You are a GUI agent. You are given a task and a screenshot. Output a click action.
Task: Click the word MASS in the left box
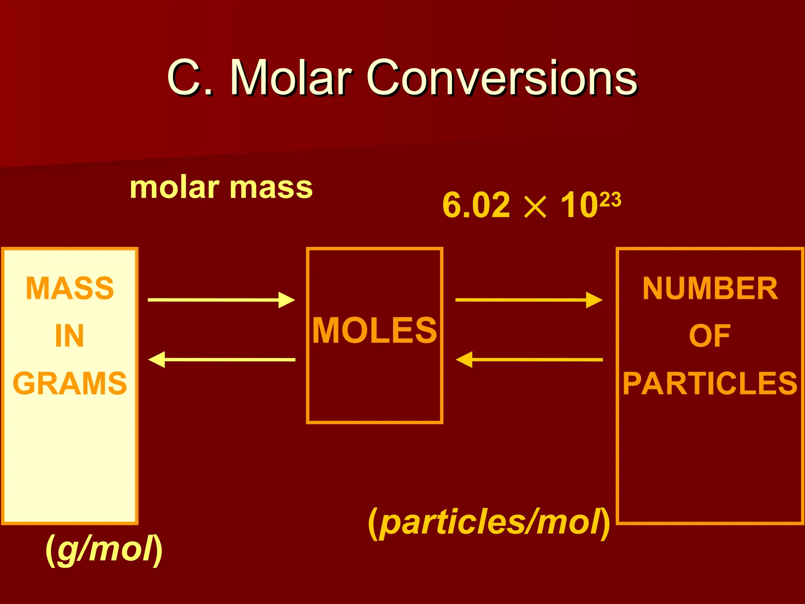click(70, 288)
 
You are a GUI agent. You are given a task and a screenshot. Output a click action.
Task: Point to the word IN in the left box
click(70, 336)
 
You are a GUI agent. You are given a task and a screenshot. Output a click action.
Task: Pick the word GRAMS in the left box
click(70, 383)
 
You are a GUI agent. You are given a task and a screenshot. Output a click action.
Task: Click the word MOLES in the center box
click(375, 330)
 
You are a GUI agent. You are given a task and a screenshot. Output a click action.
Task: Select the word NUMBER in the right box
click(710, 288)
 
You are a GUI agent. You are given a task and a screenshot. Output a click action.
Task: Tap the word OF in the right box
click(710, 336)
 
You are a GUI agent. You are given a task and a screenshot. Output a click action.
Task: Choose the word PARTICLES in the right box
click(710, 383)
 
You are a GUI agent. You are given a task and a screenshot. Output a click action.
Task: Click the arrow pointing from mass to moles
click(221, 300)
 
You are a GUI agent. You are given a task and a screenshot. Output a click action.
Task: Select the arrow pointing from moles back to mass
click(222, 359)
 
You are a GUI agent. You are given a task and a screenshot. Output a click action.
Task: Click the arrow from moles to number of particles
click(529, 300)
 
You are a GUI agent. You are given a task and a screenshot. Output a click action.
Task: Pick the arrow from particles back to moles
click(529, 359)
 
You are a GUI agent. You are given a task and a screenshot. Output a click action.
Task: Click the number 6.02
click(476, 205)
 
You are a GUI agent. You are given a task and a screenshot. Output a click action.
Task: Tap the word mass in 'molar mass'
click(271, 188)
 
